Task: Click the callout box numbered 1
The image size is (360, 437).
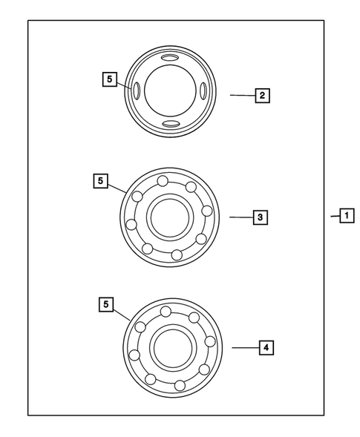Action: tap(347, 216)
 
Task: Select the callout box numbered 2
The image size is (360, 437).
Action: tap(261, 95)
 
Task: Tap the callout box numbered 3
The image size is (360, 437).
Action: tap(260, 217)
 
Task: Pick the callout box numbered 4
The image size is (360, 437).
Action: tap(265, 346)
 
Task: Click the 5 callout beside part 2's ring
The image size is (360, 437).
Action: tap(110, 77)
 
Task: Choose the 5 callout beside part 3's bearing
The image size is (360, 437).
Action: tap(101, 180)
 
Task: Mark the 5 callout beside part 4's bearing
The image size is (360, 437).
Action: tap(107, 303)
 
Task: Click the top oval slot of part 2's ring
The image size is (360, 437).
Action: tap(170, 59)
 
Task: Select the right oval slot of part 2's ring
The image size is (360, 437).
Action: tap(203, 91)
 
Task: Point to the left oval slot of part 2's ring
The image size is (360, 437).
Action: tap(137, 91)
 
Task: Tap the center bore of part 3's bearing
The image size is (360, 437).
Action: tap(171, 217)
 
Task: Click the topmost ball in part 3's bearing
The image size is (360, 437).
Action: tap(162, 181)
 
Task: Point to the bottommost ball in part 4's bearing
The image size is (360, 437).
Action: tap(180, 385)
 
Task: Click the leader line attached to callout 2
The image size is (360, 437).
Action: tap(241, 95)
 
